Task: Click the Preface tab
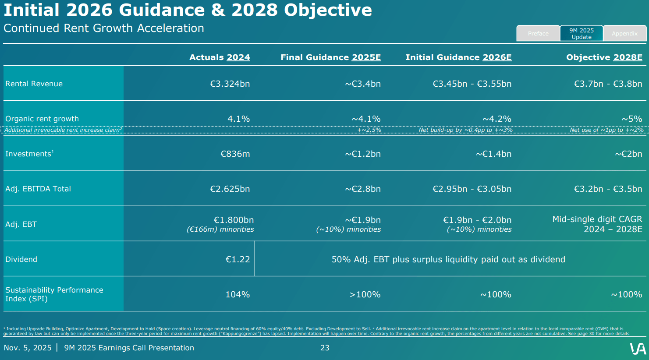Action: coord(538,33)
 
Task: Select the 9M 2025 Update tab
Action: coord(582,33)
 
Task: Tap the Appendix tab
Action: coord(624,33)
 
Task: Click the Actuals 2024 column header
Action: coord(220,57)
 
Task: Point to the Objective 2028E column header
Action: coord(604,57)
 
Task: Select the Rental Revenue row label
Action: coord(34,84)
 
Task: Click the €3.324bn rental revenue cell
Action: coord(230,84)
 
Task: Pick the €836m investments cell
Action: coord(235,154)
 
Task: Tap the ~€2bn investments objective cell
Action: coord(628,154)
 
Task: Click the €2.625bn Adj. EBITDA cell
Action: coord(230,189)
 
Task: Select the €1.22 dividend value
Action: coord(238,259)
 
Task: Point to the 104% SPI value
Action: coord(238,294)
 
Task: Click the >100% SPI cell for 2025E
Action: coord(365,294)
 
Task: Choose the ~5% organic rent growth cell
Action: coord(631,119)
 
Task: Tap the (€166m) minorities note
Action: coord(220,229)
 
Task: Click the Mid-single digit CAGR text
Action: coord(597,219)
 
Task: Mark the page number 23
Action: coord(325,348)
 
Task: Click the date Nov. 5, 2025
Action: coord(28,348)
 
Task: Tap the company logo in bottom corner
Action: coord(638,349)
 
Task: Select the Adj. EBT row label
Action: coord(21,224)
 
